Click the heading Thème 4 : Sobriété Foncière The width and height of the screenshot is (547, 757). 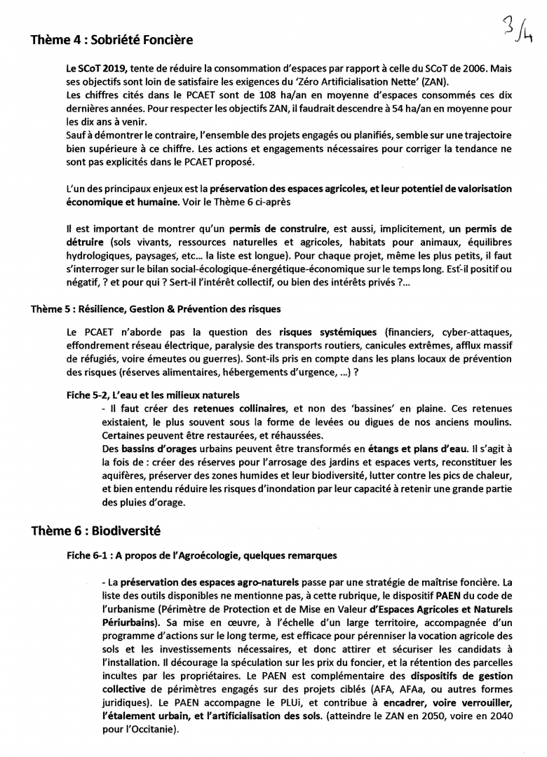(x=112, y=41)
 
